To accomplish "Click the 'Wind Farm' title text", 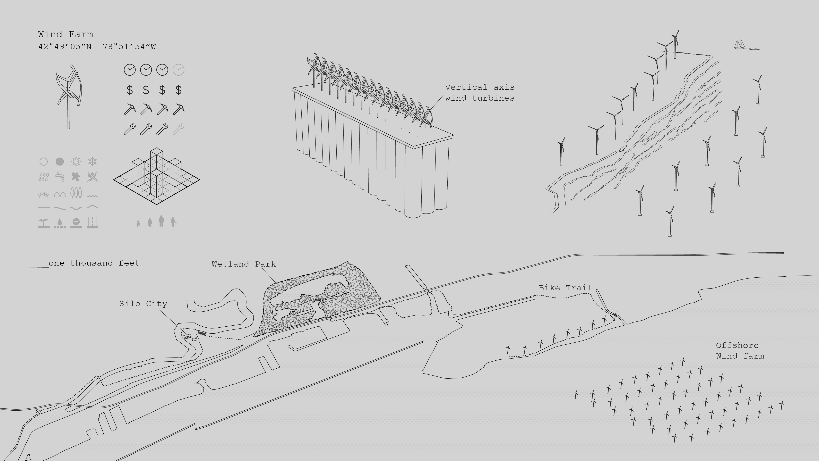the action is point(66,34).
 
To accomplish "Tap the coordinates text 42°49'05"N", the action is point(65,47).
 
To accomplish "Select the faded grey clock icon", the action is point(178,70).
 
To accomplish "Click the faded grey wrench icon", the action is point(178,129).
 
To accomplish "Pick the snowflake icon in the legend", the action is point(92,162).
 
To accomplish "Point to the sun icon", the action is point(76,162).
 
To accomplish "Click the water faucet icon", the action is point(60,177).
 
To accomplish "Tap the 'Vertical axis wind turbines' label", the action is point(480,93).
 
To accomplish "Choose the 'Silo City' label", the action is point(143,304).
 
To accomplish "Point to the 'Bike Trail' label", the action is point(565,288).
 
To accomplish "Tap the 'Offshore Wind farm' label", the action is point(740,351).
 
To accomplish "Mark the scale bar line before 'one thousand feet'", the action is point(39,267).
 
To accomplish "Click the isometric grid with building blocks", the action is point(156,177).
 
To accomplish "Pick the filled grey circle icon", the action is point(60,162).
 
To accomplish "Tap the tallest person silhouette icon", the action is point(162,221).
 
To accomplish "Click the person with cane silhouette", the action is point(173,222).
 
